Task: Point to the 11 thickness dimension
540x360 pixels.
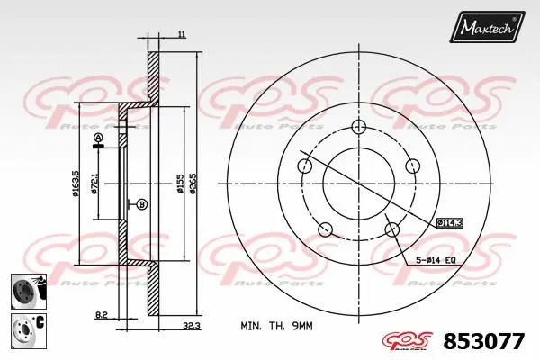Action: click(x=182, y=34)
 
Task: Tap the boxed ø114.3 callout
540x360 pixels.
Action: click(x=449, y=221)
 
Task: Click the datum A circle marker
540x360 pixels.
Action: click(x=98, y=138)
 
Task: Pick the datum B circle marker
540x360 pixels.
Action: click(x=141, y=204)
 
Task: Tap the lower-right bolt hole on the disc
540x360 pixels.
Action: click(x=392, y=230)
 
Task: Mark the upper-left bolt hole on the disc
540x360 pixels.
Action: click(x=306, y=165)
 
